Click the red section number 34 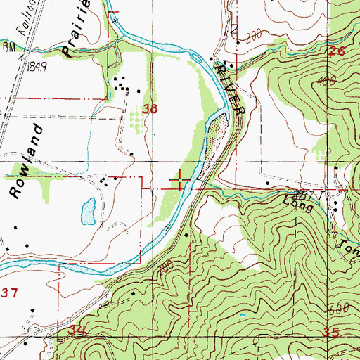(x=77, y=330)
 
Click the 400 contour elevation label (x=324, y=82)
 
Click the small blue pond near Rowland (x=89, y=210)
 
